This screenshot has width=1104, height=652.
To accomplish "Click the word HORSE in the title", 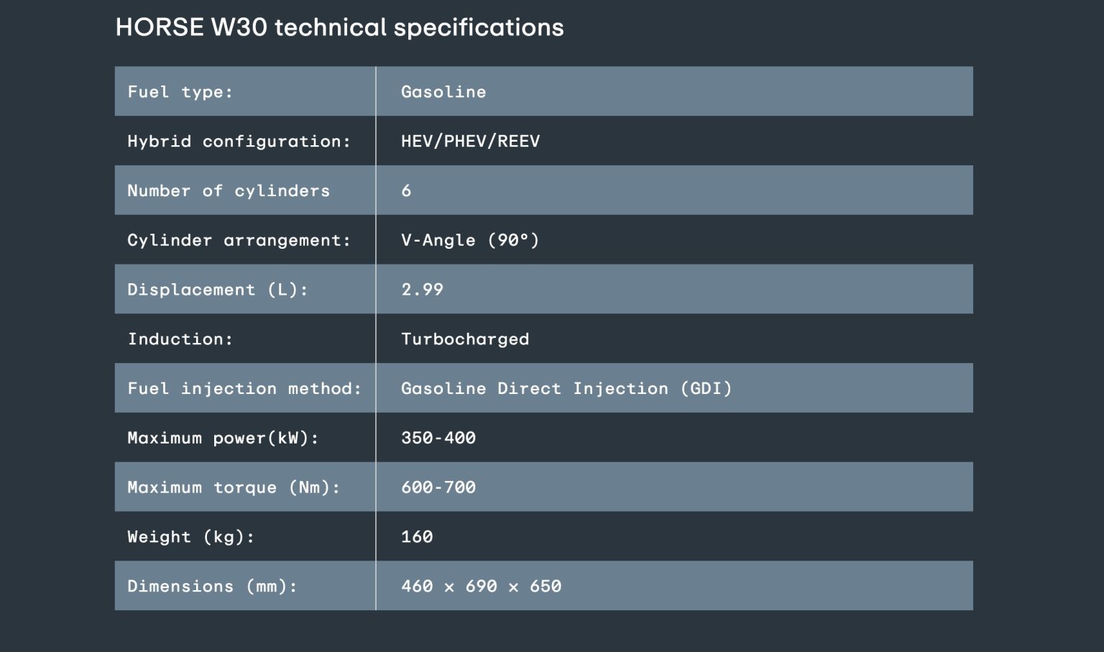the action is pos(160,27).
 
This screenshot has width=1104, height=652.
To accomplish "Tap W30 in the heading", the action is pos(239,27).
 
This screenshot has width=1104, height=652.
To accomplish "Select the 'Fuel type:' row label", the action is pos(180,92).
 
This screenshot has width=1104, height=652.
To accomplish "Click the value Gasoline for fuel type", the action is pos(443,92).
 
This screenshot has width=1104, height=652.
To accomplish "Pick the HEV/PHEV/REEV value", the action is pos(471,142).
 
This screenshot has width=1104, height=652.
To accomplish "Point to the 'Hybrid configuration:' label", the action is pos(239,142).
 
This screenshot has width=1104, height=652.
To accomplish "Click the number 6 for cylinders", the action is pos(406,190).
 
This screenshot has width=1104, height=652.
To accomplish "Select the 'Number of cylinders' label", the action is pos(229,190).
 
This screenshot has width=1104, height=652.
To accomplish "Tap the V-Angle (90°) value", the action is pos(470,240).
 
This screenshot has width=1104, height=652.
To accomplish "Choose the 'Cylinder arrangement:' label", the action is pos(239,240).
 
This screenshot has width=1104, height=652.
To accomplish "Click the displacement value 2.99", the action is pos(423,289).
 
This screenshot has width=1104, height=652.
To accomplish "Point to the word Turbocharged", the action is pos(465,339).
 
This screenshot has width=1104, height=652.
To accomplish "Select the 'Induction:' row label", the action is pos(180,339).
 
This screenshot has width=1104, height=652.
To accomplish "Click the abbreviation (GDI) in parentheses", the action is pos(707,388).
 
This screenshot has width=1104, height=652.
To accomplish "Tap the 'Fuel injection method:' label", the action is pos(244,388).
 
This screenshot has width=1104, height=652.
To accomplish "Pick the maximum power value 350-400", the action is pos(438,438).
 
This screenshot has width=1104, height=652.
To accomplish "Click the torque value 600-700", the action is pos(438,487).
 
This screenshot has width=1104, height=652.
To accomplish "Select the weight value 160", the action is pos(417,537).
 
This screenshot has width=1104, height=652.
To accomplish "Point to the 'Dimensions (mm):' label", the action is pos(213,587).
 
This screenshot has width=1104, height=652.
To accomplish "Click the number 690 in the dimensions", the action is pos(482,586).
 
